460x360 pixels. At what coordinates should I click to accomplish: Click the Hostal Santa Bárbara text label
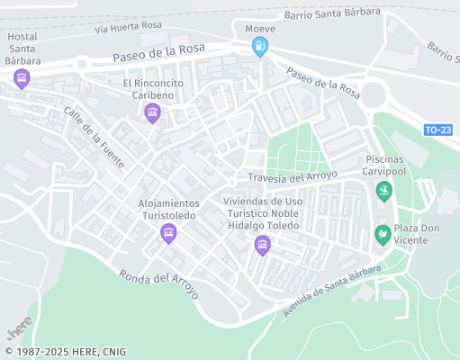pos(22,48)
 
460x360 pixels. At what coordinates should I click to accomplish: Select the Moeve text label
pos(260,28)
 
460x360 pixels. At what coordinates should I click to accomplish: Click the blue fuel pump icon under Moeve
pos(260,46)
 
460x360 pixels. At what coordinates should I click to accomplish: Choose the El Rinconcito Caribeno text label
pos(153,89)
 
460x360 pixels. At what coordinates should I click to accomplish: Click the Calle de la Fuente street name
pos(93,131)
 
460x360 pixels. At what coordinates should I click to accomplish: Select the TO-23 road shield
pos(437,130)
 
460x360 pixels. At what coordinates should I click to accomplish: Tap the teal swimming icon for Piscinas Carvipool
pos(384,190)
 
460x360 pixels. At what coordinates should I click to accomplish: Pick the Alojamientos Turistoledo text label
pos(168,210)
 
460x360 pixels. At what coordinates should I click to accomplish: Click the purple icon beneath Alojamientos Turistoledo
pos(167,234)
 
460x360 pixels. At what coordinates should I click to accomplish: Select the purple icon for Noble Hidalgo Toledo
pos(262,244)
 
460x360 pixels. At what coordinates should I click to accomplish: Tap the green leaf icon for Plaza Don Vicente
pos(383,234)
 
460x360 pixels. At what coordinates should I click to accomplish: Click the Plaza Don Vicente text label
pos(419,234)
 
